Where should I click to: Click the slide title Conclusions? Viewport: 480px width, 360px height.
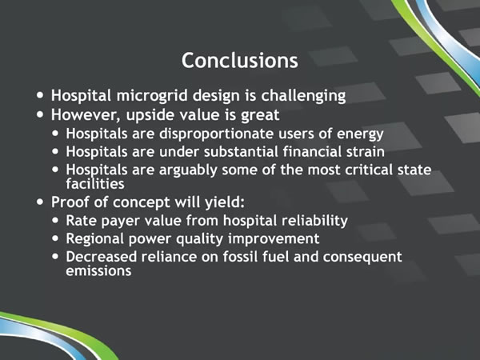[240, 60]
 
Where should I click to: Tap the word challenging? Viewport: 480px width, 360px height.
[303, 96]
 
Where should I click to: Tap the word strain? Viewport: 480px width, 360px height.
[366, 152]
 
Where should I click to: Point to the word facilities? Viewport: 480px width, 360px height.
[95, 184]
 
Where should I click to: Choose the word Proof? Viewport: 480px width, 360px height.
[70, 202]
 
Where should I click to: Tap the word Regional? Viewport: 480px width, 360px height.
[95, 239]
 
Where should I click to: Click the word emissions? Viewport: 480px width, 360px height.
[98, 271]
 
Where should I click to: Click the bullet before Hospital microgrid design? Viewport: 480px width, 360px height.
[40, 95]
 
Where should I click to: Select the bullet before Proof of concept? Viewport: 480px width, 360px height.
[40, 202]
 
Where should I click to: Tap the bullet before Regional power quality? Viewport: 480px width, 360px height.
[55, 238]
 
